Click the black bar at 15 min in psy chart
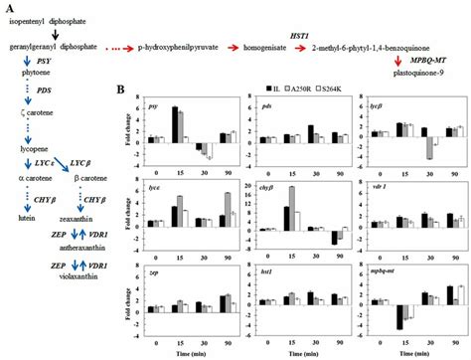176,122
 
